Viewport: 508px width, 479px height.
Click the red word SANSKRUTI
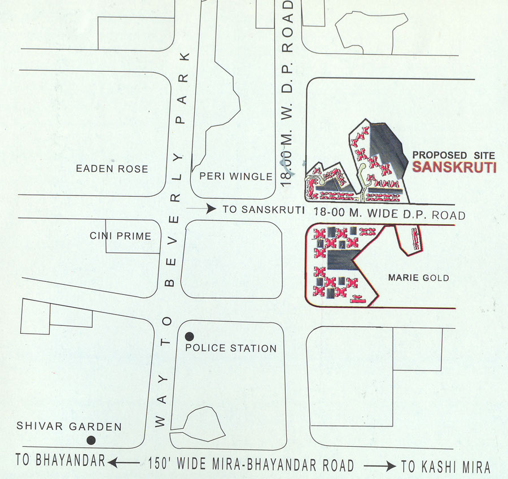click(454, 168)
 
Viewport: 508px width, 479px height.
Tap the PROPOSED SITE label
click(454, 155)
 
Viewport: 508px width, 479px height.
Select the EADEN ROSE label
click(112, 168)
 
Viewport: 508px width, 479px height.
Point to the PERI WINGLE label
click(236, 176)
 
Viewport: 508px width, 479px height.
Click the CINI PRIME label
click(121, 236)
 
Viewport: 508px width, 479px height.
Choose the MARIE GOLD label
click(419, 277)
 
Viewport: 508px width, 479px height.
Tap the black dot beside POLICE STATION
click(190, 336)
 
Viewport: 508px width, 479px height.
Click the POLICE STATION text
click(231, 348)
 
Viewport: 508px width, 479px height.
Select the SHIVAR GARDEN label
click(69, 427)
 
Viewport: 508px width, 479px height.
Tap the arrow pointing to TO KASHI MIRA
click(379, 466)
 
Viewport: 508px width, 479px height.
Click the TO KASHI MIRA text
click(445, 467)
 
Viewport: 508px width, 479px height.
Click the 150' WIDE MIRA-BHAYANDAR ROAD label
click(251, 465)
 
